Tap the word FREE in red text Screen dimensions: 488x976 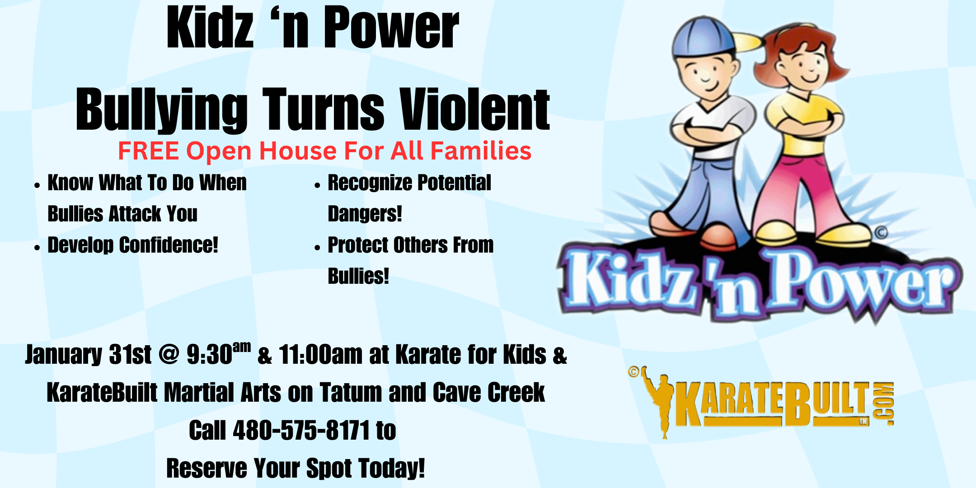coord(148,151)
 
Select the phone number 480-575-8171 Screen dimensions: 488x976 coord(301,430)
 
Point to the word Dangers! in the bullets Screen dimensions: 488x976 coord(365,214)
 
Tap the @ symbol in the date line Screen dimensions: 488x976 coord(169,355)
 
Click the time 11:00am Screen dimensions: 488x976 coord(320,355)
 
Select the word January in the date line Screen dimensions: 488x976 coord(64,355)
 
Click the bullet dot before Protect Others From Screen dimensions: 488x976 coord(317,247)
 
